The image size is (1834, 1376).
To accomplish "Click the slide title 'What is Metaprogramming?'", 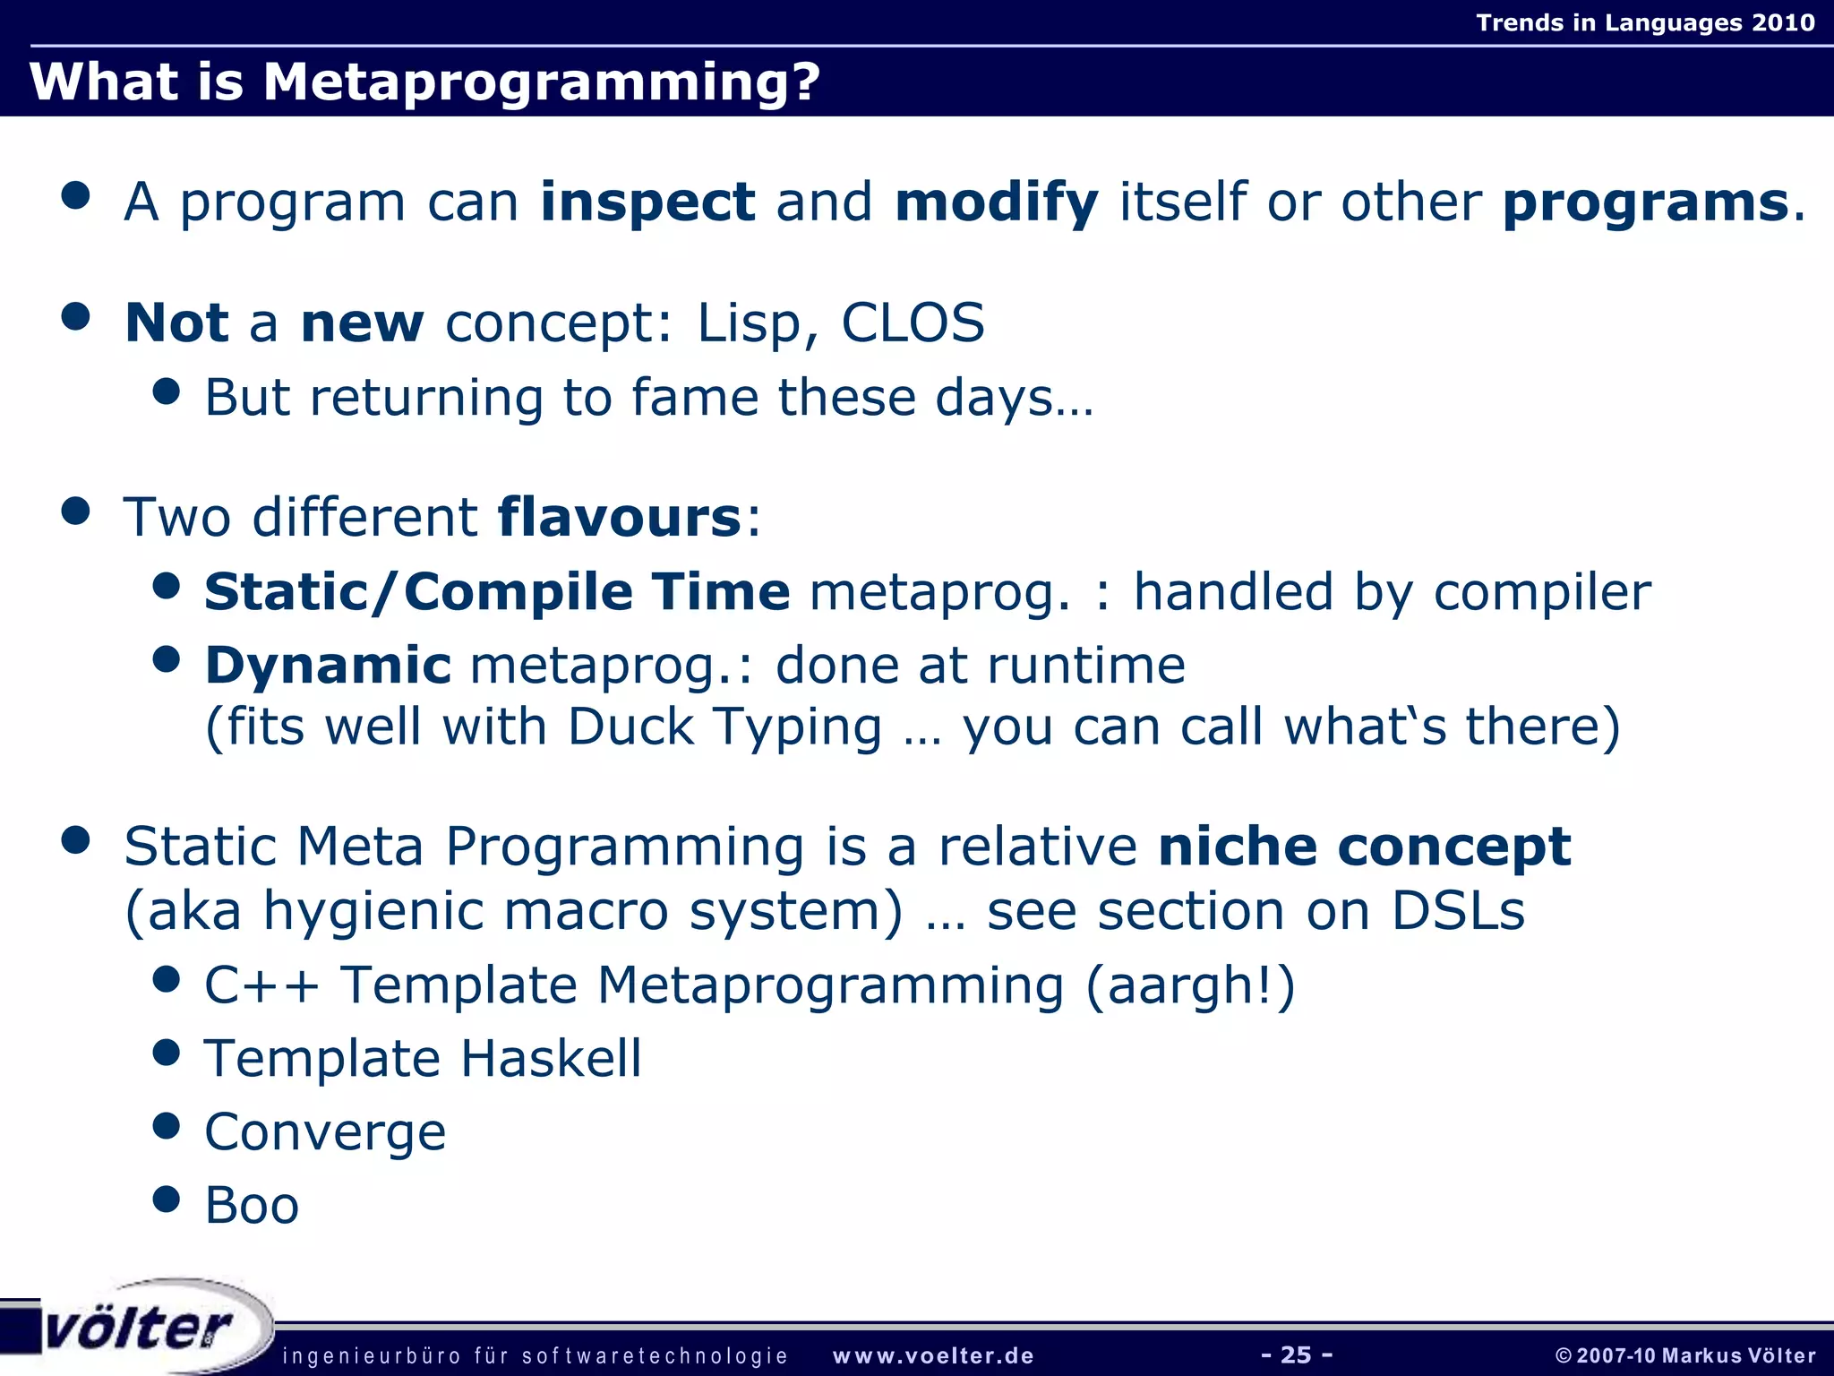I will tap(424, 82).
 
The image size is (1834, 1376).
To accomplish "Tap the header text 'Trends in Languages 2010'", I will tap(1645, 22).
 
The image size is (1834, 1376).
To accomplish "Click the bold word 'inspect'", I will tap(647, 202).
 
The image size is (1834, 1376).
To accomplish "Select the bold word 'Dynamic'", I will tap(328, 666).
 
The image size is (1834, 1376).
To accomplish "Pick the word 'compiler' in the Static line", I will tap(1541, 593).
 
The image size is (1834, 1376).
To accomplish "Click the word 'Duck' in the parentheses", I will tap(630, 727).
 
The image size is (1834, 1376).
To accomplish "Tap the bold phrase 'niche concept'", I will tap(1363, 847).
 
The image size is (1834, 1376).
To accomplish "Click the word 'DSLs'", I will tap(1457, 912).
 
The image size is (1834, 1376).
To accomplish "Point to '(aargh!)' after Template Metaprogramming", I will tap(1190, 986).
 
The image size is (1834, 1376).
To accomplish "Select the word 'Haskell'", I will tap(551, 1059).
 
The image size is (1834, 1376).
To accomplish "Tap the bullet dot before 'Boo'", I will tap(167, 1199).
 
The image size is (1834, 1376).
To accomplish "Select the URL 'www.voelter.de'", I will tap(933, 1355).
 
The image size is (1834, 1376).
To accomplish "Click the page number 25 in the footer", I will tap(1296, 1354).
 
